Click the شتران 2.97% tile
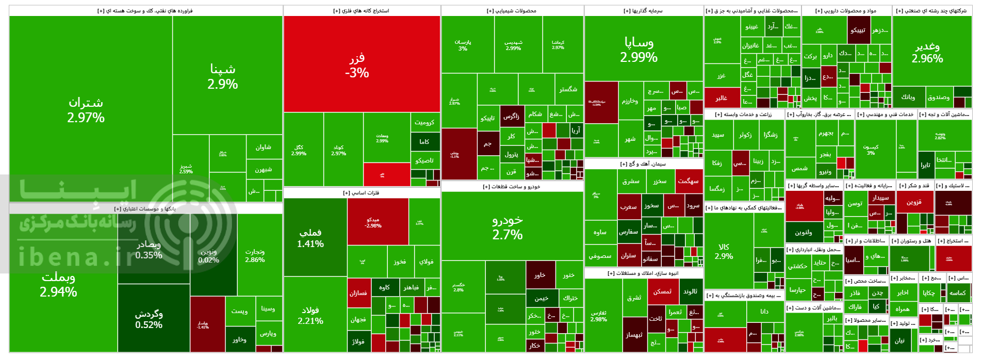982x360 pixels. (x=86, y=110)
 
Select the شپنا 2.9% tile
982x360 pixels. (x=223, y=76)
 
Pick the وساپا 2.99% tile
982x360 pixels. (x=639, y=49)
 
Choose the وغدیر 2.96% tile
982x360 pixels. (x=927, y=52)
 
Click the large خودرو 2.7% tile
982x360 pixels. (x=508, y=227)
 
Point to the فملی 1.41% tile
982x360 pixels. (x=310, y=238)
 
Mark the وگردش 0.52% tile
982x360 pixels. (x=149, y=319)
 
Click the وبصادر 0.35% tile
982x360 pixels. (x=149, y=249)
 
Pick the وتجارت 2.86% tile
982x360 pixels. (x=255, y=255)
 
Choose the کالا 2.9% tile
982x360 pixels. (x=724, y=251)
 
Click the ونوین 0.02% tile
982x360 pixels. (x=208, y=255)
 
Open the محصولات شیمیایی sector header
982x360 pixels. (x=511, y=11)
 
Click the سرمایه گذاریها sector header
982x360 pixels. (x=643, y=11)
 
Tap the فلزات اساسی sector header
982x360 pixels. (x=361, y=193)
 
